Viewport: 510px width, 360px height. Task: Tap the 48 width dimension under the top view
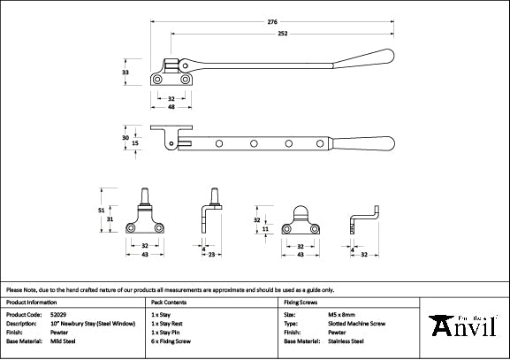pos(172,107)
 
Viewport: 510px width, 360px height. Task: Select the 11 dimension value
pos(265,228)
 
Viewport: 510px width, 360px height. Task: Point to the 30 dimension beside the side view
pos(126,138)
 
